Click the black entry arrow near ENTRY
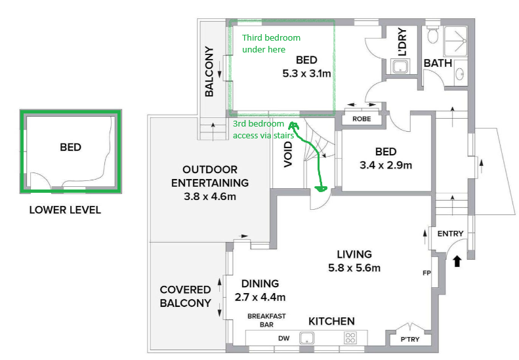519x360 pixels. (x=457, y=262)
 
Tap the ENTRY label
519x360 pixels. (x=450, y=233)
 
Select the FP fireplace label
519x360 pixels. (x=425, y=272)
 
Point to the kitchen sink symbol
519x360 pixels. (x=306, y=338)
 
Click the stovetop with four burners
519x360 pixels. (x=350, y=338)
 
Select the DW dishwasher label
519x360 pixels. (x=283, y=338)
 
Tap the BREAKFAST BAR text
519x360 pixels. (x=266, y=320)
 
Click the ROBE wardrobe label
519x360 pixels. (x=362, y=119)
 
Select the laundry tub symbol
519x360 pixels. (x=399, y=66)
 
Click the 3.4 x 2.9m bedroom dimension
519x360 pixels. (x=386, y=165)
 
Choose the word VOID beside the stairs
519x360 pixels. (x=288, y=155)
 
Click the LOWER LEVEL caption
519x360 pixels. (x=65, y=210)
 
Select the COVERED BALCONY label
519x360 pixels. (x=186, y=296)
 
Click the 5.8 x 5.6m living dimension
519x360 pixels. (x=354, y=268)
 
